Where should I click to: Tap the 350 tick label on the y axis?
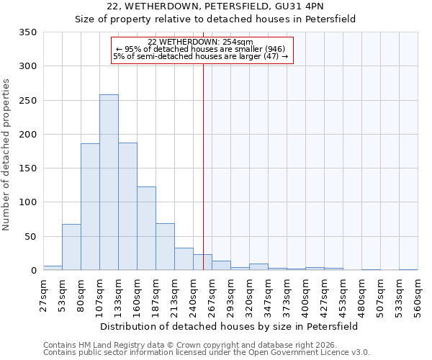(27, 32)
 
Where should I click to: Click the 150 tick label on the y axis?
(27, 168)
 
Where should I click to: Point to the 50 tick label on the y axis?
(30, 236)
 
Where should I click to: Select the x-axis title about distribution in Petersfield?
(228, 326)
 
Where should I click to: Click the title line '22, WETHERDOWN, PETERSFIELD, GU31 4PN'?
(216, 6)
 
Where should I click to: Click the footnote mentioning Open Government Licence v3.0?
(206, 353)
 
